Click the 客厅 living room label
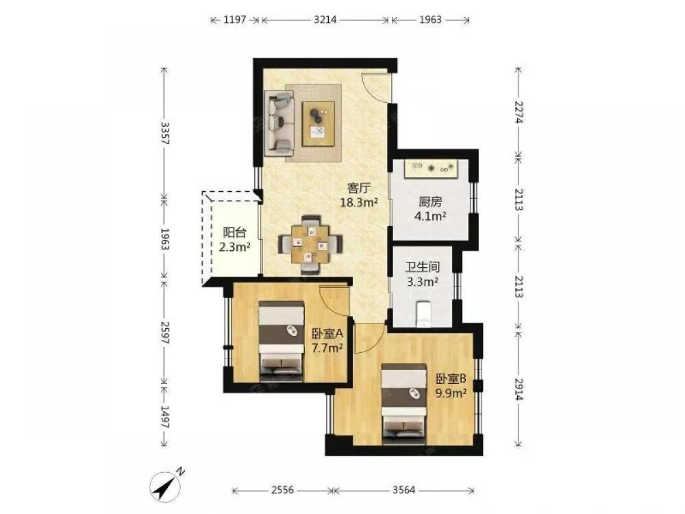coord(359,188)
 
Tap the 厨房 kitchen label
coord(430,202)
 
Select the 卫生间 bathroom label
coord(423,267)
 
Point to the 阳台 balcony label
coord(234,232)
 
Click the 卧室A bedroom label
coord(327,334)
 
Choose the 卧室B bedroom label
coord(451,378)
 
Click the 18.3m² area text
coord(359,202)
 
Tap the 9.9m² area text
coord(451,393)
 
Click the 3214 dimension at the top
coord(325,20)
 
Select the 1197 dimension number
coord(234,20)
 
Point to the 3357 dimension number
coord(164,133)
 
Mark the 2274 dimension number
coord(519,112)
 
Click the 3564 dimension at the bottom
coord(403,491)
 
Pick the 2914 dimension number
coord(519,389)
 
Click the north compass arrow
coord(166,485)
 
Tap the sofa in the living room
coord(279,123)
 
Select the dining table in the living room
coord(310,244)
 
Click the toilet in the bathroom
coord(423,314)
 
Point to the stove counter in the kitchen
coord(431,169)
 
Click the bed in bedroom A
coord(281,341)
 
